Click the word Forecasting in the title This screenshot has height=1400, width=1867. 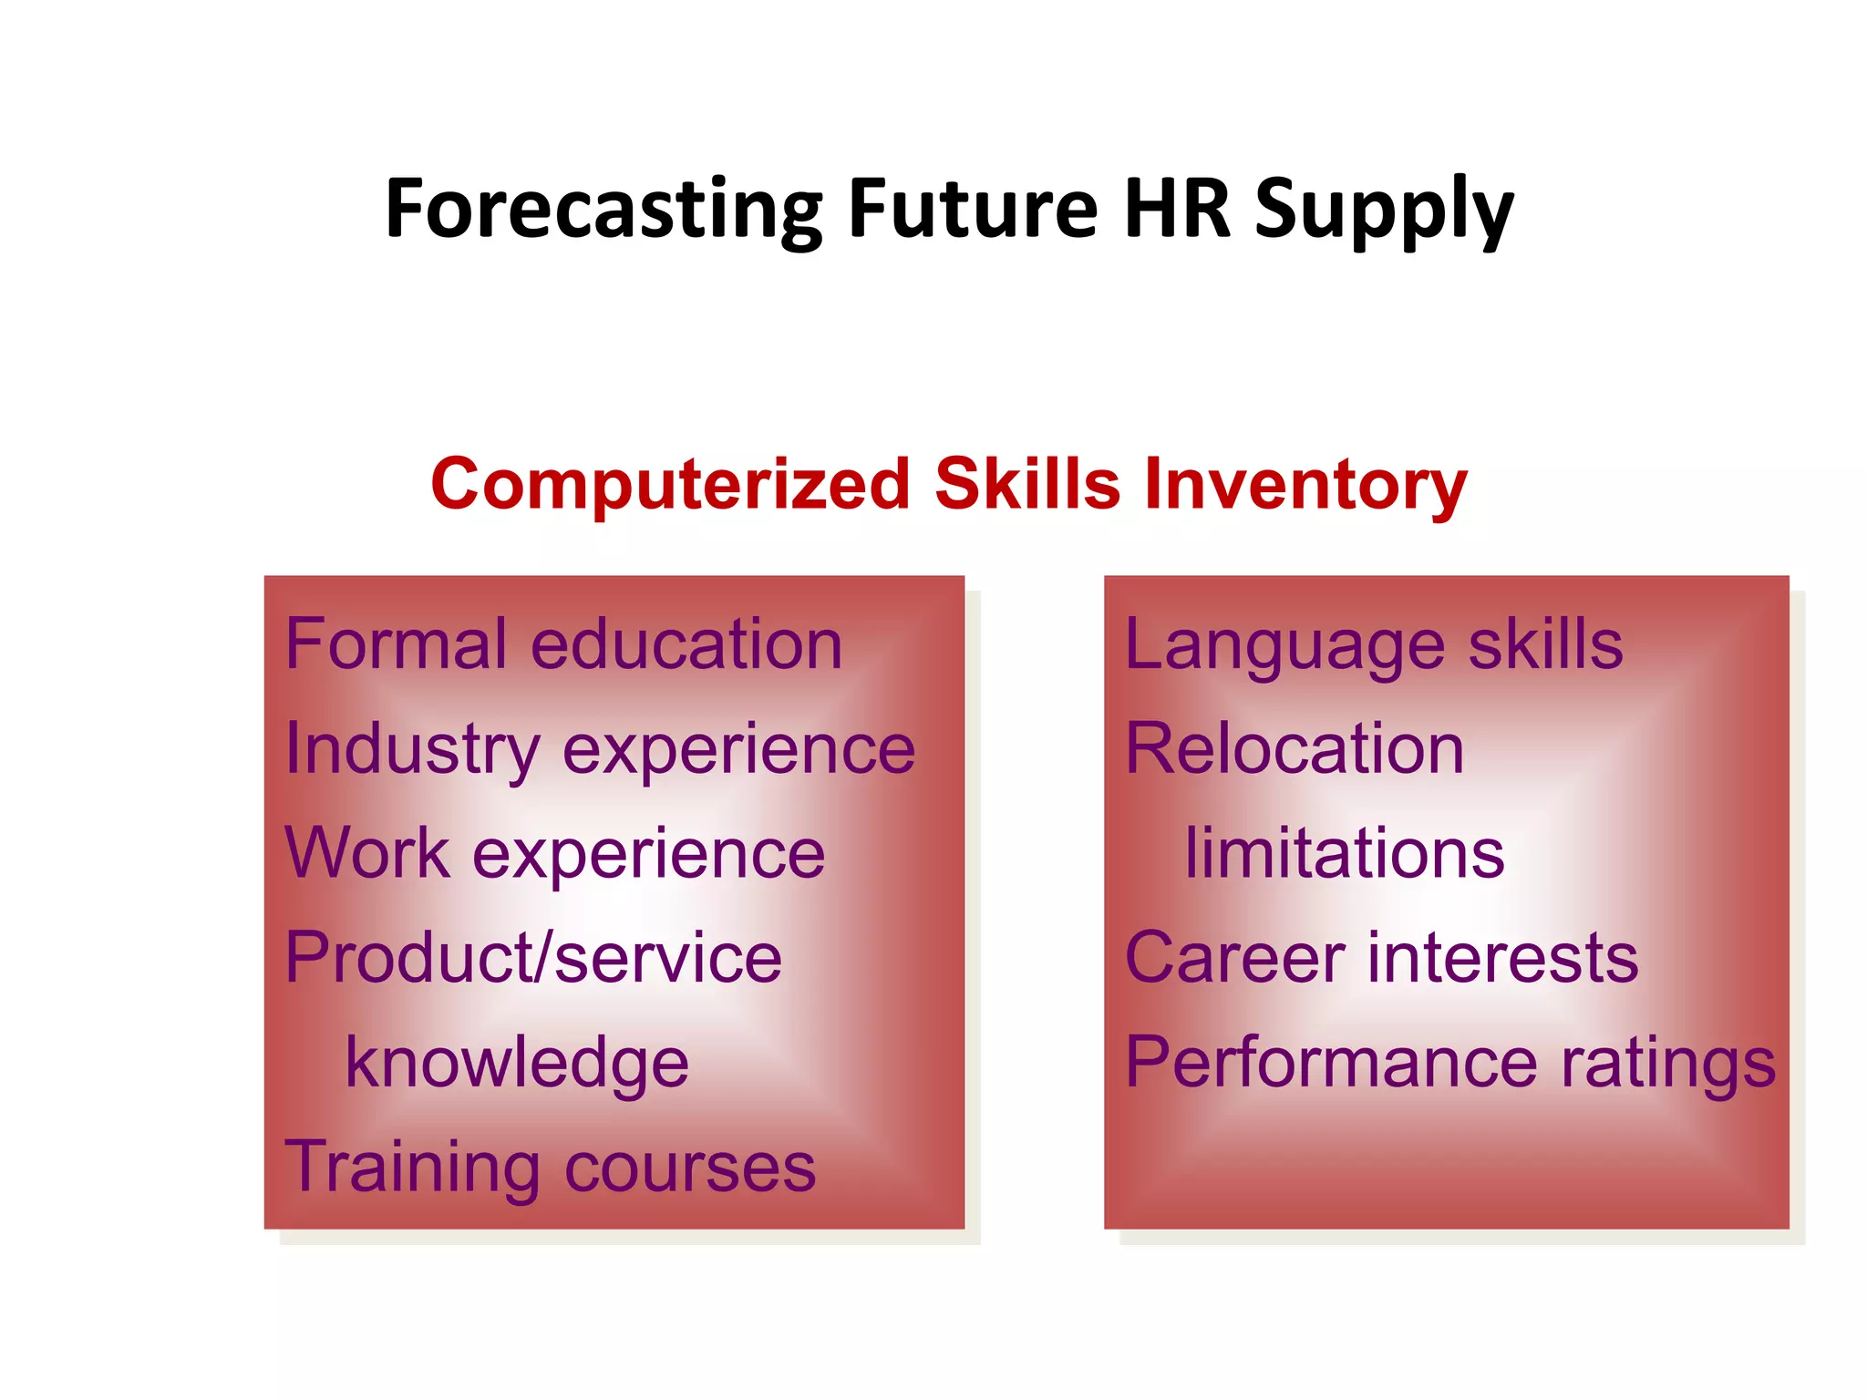[x=603, y=210]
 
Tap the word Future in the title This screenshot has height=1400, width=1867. [x=974, y=210]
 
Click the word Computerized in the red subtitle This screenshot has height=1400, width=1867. [x=670, y=484]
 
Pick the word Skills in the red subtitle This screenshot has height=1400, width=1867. [x=1027, y=483]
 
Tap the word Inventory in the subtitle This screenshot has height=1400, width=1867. [x=1305, y=485]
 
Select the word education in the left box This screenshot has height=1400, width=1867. [x=686, y=644]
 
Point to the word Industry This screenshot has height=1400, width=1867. [x=412, y=750]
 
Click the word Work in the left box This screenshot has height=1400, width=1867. [x=367, y=853]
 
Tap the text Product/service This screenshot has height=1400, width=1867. [x=533, y=958]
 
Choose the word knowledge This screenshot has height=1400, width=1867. [x=517, y=1064]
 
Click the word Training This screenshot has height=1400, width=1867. [x=412, y=1168]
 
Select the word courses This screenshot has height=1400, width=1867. [x=690, y=1168]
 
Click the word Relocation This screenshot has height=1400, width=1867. [x=1295, y=749]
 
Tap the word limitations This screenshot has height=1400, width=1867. [x=1345, y=854]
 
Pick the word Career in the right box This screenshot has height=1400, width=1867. [x=1234, y=958]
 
